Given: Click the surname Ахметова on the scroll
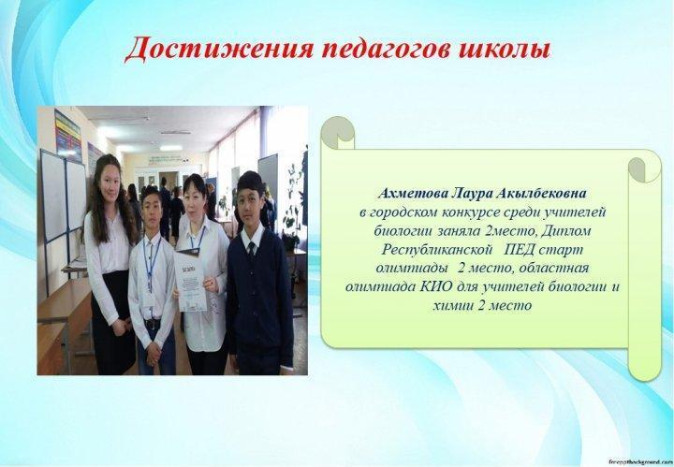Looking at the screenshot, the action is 413,194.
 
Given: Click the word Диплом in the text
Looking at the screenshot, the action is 566,231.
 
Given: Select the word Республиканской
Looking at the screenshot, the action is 437,250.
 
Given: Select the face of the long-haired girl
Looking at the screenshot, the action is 110,180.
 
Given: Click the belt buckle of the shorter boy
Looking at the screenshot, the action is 152,324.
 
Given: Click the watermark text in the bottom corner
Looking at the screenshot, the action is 639,461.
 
